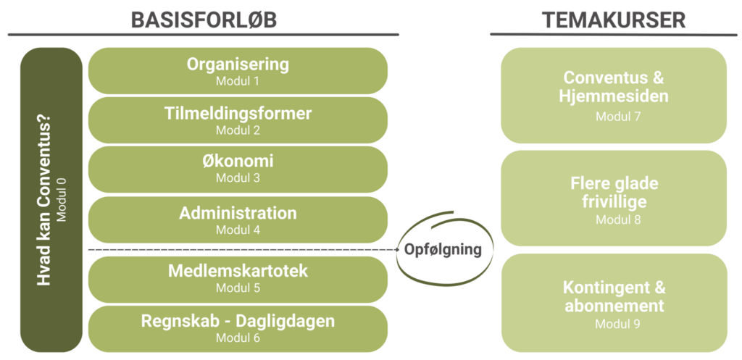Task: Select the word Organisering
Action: point(238,64)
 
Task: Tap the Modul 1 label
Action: point(238,81)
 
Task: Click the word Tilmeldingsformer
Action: point(238,114)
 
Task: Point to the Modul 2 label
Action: point(238,130)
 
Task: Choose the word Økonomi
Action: point(238,162)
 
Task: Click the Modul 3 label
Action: point(238,178)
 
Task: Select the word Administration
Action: point(238,213)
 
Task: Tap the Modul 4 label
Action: point(238,230)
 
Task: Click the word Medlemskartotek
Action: point(238,271)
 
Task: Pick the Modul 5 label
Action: point(238,288)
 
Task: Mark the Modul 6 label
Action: point(238,338)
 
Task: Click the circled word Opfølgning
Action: point(443,250)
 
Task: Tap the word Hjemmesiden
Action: point(614,96)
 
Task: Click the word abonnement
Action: point(614,306)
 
